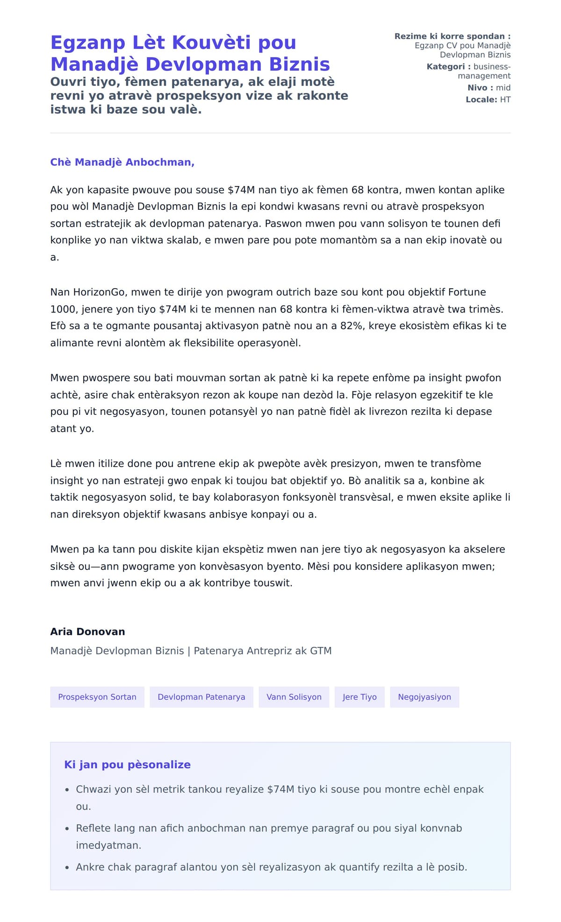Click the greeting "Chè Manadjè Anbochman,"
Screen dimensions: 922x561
point(122,162)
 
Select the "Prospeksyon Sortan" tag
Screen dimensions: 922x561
point(97,697)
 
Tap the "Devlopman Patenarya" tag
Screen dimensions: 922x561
point(201,697)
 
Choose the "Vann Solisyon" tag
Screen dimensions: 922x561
point(294,697)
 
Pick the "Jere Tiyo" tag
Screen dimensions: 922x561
point(359,697)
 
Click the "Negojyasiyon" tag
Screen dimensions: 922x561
point(424,697)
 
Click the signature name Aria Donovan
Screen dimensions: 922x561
point(87,631)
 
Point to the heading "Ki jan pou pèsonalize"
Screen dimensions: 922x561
point(127,765)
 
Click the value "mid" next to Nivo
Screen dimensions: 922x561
point(503,88)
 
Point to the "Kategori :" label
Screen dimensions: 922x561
point(448,67)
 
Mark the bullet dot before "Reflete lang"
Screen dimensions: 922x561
point(67,829)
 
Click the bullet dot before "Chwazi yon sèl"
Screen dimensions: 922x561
point(67,790)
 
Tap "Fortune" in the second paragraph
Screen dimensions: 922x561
point(467,292)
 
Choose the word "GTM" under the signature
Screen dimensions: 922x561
point(320,651)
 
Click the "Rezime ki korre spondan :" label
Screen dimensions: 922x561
point(452,36)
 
